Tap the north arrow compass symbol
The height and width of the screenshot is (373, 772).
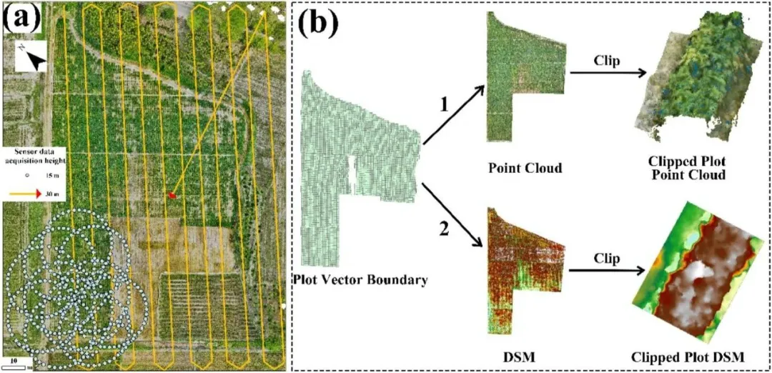pos(32,56)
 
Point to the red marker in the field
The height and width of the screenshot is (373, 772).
pos(172,194)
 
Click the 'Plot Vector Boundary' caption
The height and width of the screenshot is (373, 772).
pos(360,280)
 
